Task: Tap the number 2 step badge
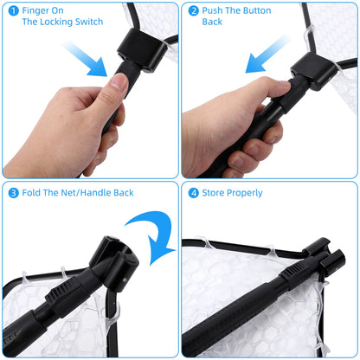193,12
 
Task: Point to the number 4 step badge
193,192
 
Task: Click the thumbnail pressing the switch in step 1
117,82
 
